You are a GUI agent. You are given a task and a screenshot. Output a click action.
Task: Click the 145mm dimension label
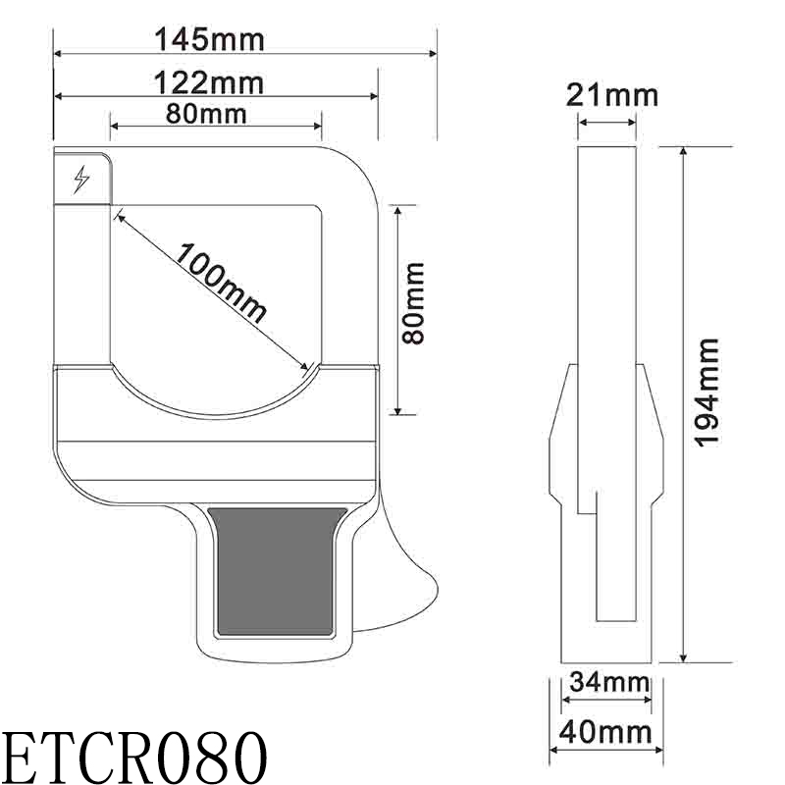(210, 39)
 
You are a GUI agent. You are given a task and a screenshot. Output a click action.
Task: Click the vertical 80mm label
(415, 301)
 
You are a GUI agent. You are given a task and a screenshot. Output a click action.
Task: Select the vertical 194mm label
(708, 392)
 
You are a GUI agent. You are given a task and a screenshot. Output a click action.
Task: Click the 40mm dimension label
(608, 732)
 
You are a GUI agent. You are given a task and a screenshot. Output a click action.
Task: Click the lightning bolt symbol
(81, 180)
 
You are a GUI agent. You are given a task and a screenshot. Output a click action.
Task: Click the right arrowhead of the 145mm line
(433, 54)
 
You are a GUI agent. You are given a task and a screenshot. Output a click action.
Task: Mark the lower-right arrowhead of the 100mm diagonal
(306, 371)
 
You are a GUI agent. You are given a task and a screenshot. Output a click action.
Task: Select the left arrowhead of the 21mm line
(582, 123)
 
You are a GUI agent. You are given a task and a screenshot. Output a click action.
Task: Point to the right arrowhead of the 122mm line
(373, 95)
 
